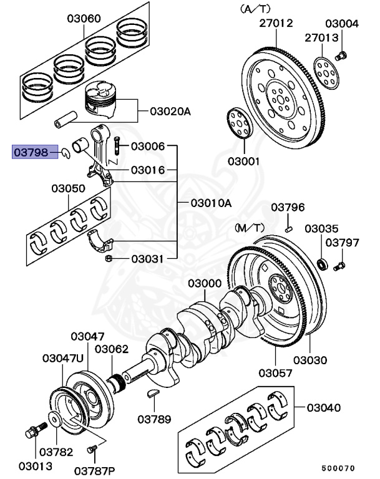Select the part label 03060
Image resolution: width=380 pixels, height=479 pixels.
[x=84, y=19]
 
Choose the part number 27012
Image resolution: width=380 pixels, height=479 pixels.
[x=276, y=24]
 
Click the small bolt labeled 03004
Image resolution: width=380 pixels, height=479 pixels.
[x=341, y=56]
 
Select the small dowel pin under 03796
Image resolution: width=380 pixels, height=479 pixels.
[x=288, y=229]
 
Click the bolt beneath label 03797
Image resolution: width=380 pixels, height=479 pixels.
[x=339, y=266]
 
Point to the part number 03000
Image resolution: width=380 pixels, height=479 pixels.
[x=205, y=284]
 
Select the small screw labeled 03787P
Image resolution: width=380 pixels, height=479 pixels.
[x=93, y=448]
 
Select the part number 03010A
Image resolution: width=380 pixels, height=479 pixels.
[x=210, y=203]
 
